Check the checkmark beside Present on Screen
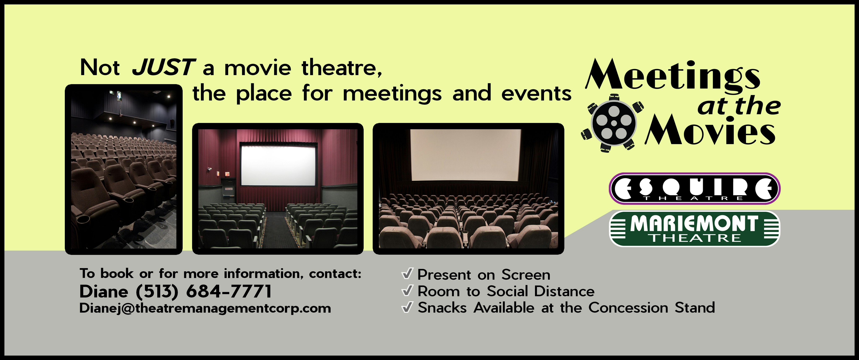tap(407, 274)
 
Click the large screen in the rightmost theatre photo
tap(466, 154)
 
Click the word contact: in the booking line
tap(335, 274)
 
